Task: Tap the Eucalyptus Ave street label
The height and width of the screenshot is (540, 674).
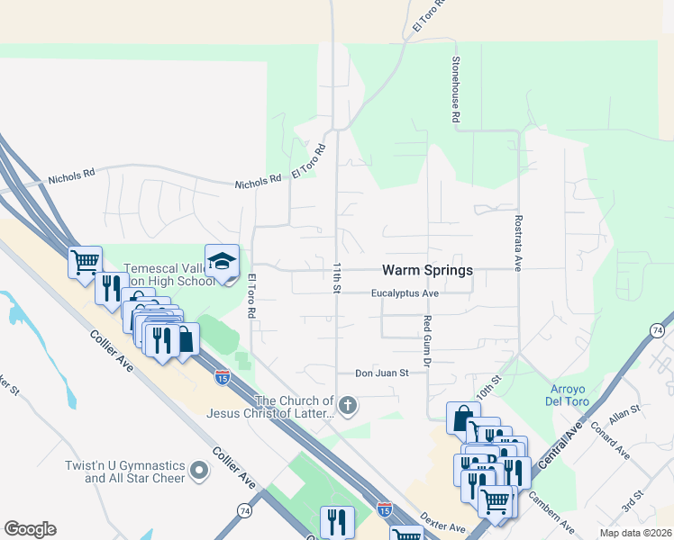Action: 405,293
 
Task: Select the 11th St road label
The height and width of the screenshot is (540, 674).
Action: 335,278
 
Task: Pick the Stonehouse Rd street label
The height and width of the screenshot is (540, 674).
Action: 456,91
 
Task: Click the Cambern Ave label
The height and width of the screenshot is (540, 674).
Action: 551,510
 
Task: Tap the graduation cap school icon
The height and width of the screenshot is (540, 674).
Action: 222,261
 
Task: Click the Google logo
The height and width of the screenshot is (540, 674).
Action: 30,529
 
